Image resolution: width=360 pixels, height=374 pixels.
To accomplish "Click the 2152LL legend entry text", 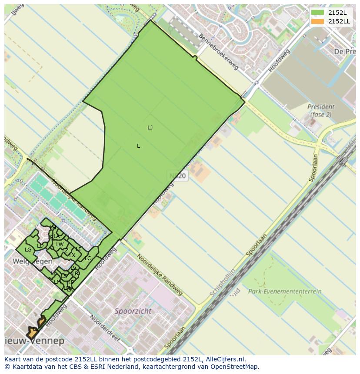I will click(339, 21).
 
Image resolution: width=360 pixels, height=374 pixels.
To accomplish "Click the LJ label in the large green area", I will click(150, 128).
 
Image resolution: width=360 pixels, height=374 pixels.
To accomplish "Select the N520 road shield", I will click(177, 176).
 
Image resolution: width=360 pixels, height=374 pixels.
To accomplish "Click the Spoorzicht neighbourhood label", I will click(133, 311).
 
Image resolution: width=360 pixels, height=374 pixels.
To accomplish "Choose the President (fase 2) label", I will click(321, 111).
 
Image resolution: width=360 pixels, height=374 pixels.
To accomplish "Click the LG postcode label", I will click(28, 250).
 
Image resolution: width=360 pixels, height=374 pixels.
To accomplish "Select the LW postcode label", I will click(60, 245).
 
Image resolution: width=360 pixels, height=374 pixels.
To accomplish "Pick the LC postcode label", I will click(88, 258).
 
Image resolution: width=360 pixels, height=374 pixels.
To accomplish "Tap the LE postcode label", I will click(79, 249).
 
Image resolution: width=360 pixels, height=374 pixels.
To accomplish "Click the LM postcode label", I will click(57, 282).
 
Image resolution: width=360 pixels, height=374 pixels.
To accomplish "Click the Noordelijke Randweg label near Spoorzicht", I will click(159, 275).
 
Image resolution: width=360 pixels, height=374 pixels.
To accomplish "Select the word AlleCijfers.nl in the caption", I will click(226, 359).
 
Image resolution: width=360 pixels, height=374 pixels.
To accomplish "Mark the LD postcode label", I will click(40, 246).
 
